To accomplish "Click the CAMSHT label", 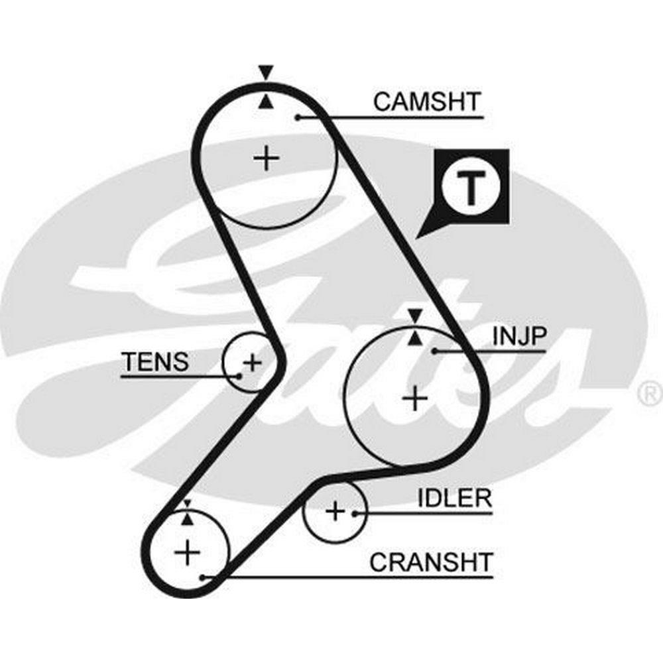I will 427,102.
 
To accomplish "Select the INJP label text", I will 519,336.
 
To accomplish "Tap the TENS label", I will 155,362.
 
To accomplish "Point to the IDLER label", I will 455,499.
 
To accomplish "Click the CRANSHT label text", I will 432,562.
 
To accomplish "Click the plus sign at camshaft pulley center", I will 267,158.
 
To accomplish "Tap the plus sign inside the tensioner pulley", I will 252,362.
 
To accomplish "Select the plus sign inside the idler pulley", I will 335,511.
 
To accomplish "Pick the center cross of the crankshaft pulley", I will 188,552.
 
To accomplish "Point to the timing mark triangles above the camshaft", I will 266,86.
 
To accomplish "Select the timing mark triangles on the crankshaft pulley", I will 188,512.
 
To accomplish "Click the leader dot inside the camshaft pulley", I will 298,117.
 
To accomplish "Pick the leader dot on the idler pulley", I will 356,512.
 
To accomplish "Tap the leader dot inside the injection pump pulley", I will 434,350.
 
